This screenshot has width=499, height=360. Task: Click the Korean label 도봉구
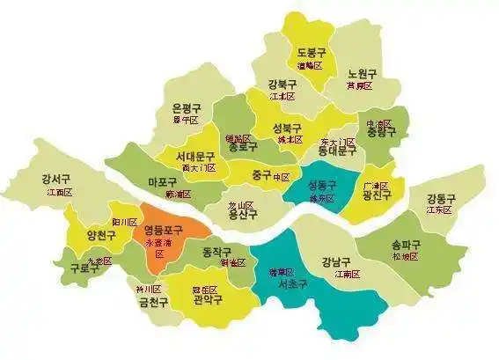pyautogui.click(x=312, y=53)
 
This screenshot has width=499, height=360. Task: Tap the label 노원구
pyautogui.click(x=362, y=73)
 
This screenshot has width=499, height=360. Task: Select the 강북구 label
pyautogui.click(x=282, y=84)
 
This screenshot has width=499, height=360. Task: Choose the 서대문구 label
pyautogui.click(x=195, y=155)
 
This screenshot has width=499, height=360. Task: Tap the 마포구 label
pyautogui.click(x=165, y=182)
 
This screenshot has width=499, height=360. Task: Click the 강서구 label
pyautogui.click(x=56, y=180)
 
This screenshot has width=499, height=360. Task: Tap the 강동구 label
pyautogui.click(x=440, y=198)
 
